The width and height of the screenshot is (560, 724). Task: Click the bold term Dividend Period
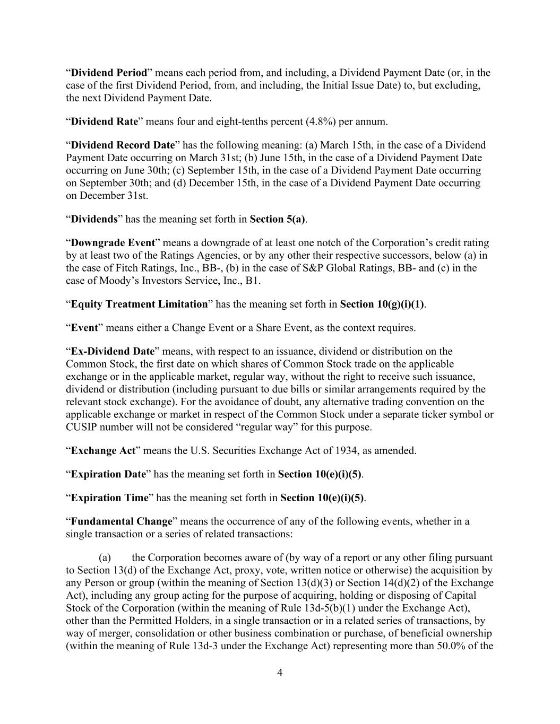tap(109, 73)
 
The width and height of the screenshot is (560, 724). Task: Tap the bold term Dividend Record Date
tap(123, 145)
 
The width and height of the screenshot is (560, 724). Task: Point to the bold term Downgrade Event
tap(113, 243)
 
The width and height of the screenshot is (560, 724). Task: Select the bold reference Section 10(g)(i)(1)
tap(382, 304)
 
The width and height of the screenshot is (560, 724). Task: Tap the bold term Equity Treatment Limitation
tap(139, 304)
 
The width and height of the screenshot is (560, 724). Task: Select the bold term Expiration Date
tap(108, 474)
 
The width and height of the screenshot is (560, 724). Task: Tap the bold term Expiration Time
tap(109, 498)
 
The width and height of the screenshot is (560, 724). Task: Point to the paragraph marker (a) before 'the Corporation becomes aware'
tap(105, 557)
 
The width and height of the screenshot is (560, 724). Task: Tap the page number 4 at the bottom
tap(280, 673)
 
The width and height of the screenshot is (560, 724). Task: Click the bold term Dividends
tap(94, 219)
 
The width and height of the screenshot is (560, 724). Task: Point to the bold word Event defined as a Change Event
tap(84, 328)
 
